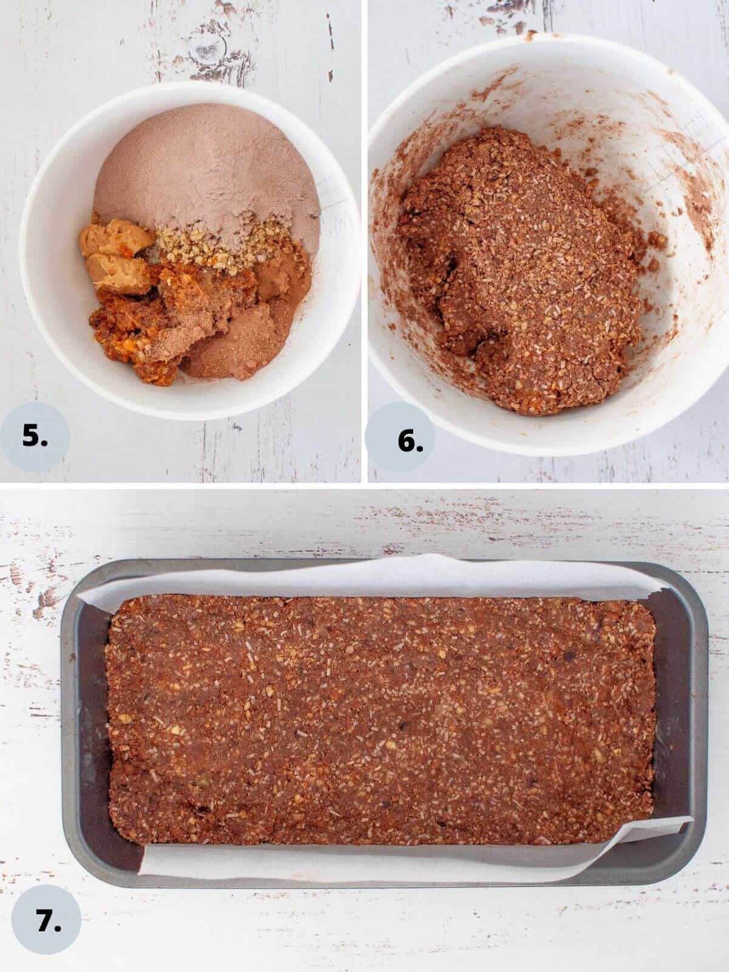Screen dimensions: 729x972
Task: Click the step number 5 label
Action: (x=35, y=437)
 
